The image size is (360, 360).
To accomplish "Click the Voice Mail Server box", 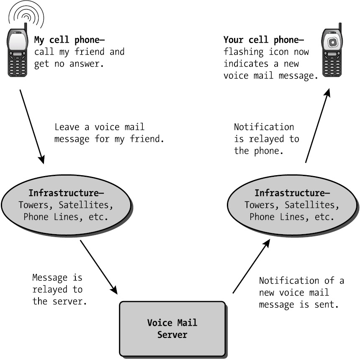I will [x=172, y=329].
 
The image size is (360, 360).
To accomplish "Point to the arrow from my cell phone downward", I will [x=31, y=125].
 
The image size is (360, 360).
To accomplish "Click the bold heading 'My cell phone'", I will [x=69, y=40].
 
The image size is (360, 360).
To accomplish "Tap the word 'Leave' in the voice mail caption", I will [x=67, y=127].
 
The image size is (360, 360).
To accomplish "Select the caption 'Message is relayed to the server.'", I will [x=59, y=289].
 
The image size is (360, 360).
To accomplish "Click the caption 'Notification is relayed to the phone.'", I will [x=266, y=139].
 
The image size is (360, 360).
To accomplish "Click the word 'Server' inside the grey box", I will [x=172, y=335].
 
